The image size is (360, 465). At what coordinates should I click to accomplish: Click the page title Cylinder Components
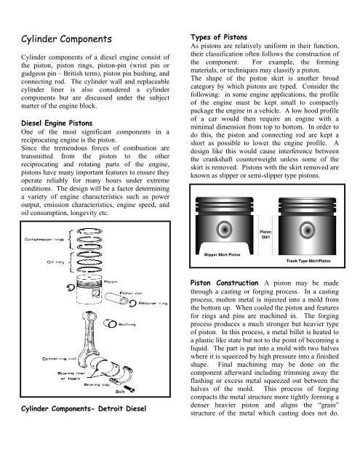click(66, 39)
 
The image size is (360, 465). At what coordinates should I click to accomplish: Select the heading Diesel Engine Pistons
click(57, 123)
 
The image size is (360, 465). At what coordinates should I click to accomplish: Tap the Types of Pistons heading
click(219, 37)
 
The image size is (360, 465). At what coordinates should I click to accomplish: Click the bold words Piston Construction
click(224, 283)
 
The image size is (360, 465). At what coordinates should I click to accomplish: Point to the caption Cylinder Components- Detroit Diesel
click(84, 408)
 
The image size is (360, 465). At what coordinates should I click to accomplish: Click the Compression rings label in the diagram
click(44, 239)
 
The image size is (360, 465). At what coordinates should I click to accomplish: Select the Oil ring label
click(55, 262)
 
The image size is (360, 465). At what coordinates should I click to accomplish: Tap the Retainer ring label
click(153, 303)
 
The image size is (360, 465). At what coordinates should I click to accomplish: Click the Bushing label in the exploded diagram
click(127, 325)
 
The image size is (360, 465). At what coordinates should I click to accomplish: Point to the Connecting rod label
click(59, 359)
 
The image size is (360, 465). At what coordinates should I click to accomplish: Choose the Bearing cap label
click(97, 384)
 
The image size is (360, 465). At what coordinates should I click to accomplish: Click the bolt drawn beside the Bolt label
click(129, 389)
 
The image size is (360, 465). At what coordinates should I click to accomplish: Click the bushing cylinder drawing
click(110, 323)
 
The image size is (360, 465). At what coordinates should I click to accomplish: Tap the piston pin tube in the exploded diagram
click(116, 299)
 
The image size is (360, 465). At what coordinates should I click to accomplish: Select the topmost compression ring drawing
click(89, 231)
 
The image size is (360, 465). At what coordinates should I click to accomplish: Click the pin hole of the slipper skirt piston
click(225, 230)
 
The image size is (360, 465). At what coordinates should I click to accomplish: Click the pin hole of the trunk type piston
click(307, 230)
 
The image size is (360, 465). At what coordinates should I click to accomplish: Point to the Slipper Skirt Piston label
click(222, 254)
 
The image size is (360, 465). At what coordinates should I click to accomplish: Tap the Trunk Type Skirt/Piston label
click(308, 261)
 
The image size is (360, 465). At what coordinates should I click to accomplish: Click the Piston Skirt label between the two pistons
click(265, 235)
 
